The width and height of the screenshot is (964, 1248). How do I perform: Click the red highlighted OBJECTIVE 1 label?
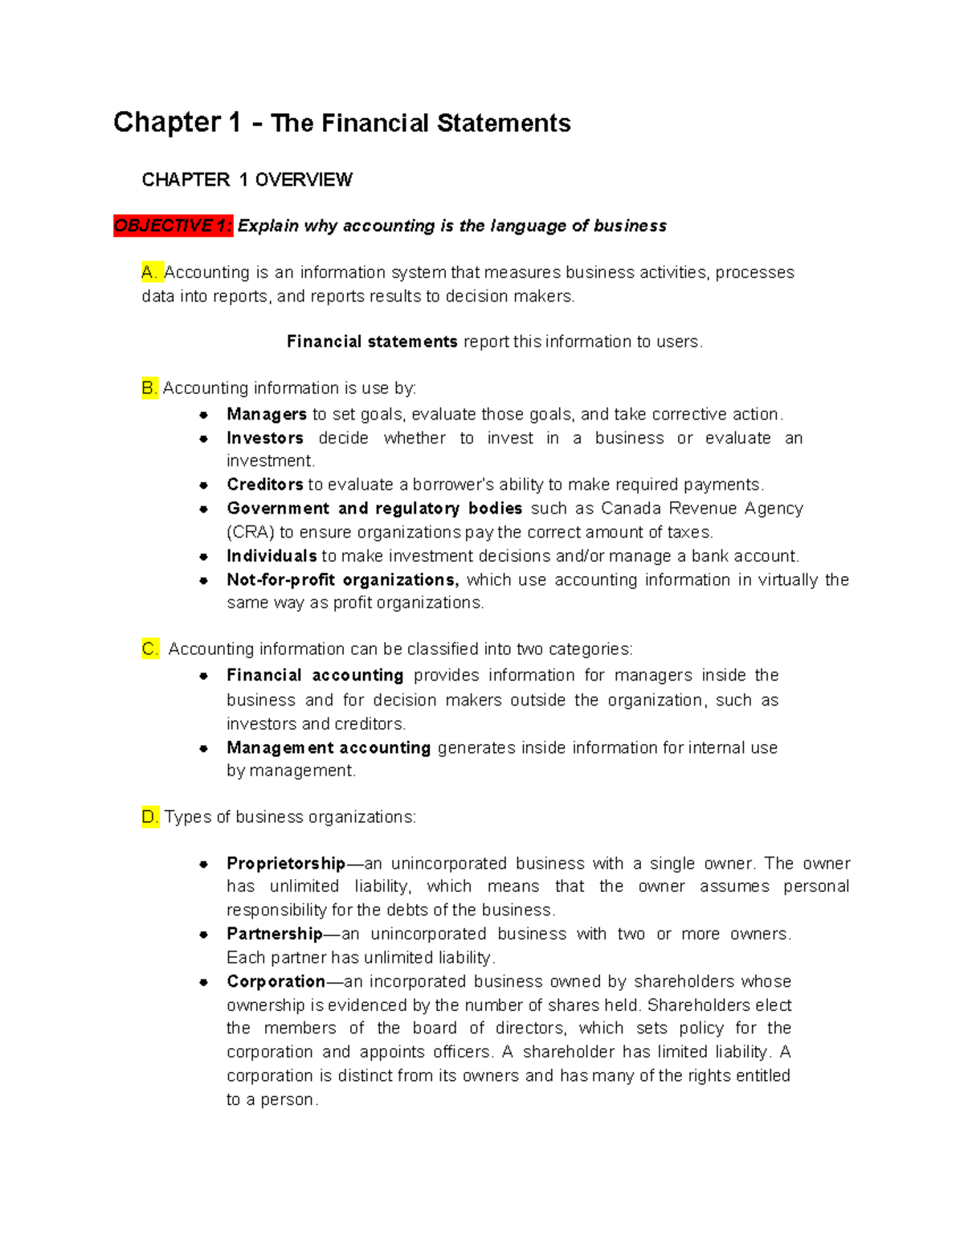coord(173,226)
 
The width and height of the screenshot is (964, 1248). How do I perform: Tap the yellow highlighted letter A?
coord(151,272)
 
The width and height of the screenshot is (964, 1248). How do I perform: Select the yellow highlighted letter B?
coord(149,388)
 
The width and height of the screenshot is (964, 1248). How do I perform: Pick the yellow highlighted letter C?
coord(150,649)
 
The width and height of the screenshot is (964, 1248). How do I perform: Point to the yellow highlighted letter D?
coord(150,817)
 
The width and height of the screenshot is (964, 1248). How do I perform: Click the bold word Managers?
coord(266,415)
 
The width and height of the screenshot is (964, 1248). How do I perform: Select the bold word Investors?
coord(264,438)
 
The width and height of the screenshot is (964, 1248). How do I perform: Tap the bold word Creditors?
coord(264,485)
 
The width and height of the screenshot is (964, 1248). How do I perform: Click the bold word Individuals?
coord(272,556)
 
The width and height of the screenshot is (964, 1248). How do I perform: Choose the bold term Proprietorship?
coord(285,864)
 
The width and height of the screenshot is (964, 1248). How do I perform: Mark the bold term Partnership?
coord(274,934)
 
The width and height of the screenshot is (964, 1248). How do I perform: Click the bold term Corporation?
coord(276,981)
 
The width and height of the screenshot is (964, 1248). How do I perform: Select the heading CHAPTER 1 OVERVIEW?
coord(247,180)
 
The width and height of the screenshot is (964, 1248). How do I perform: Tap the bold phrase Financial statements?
coord(372,342)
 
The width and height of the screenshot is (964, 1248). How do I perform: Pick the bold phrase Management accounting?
coord(329,748)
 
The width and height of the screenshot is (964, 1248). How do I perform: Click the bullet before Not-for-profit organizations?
coord(204,580)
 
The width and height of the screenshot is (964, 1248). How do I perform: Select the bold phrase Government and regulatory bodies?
coord(374,509)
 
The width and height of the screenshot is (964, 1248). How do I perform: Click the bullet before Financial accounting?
coord(204,676)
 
